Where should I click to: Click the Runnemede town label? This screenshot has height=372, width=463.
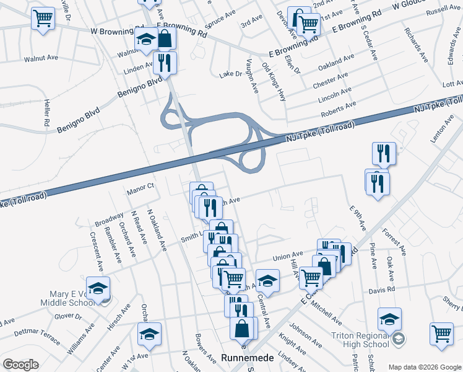pyautogui.click(x=244, y=357)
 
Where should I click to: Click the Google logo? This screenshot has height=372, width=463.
pyautogui.click(x=21, y=365)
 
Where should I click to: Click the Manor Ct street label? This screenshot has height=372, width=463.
pyautogui.click(x=140, y=187)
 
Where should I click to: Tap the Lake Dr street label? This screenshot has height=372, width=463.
pyautogui.click(x=231, y=74)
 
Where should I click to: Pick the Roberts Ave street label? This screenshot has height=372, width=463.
pyautogui.click(x=338, y=110)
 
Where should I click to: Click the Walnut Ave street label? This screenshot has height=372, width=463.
pyautogui.click(x=41, y=58)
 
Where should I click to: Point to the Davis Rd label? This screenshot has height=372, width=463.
pyautogui.click(x=382, y=290)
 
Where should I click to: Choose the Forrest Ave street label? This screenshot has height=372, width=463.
pyautogui.click(x=394, y=242)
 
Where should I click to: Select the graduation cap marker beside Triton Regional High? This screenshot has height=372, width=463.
pyautogui.click(x=389, y=319)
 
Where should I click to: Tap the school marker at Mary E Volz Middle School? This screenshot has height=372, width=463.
pyautogui.click(x=98, y=288)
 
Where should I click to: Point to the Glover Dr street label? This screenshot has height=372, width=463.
pyautogui.click(x=68, y=317)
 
